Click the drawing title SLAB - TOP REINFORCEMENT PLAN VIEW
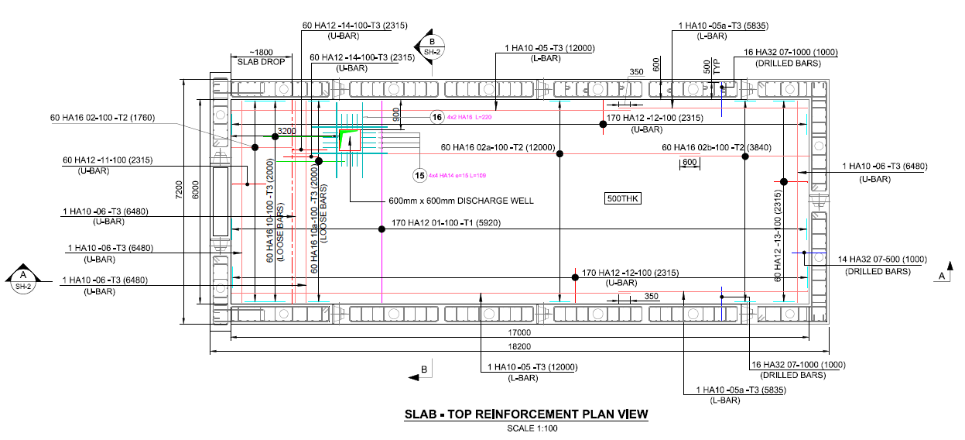[525, 414]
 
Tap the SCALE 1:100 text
[525, 428]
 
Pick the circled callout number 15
[419, 176]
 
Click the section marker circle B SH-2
[431, 46]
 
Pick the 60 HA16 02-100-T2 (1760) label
[102, 118]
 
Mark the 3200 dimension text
[287, 132]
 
